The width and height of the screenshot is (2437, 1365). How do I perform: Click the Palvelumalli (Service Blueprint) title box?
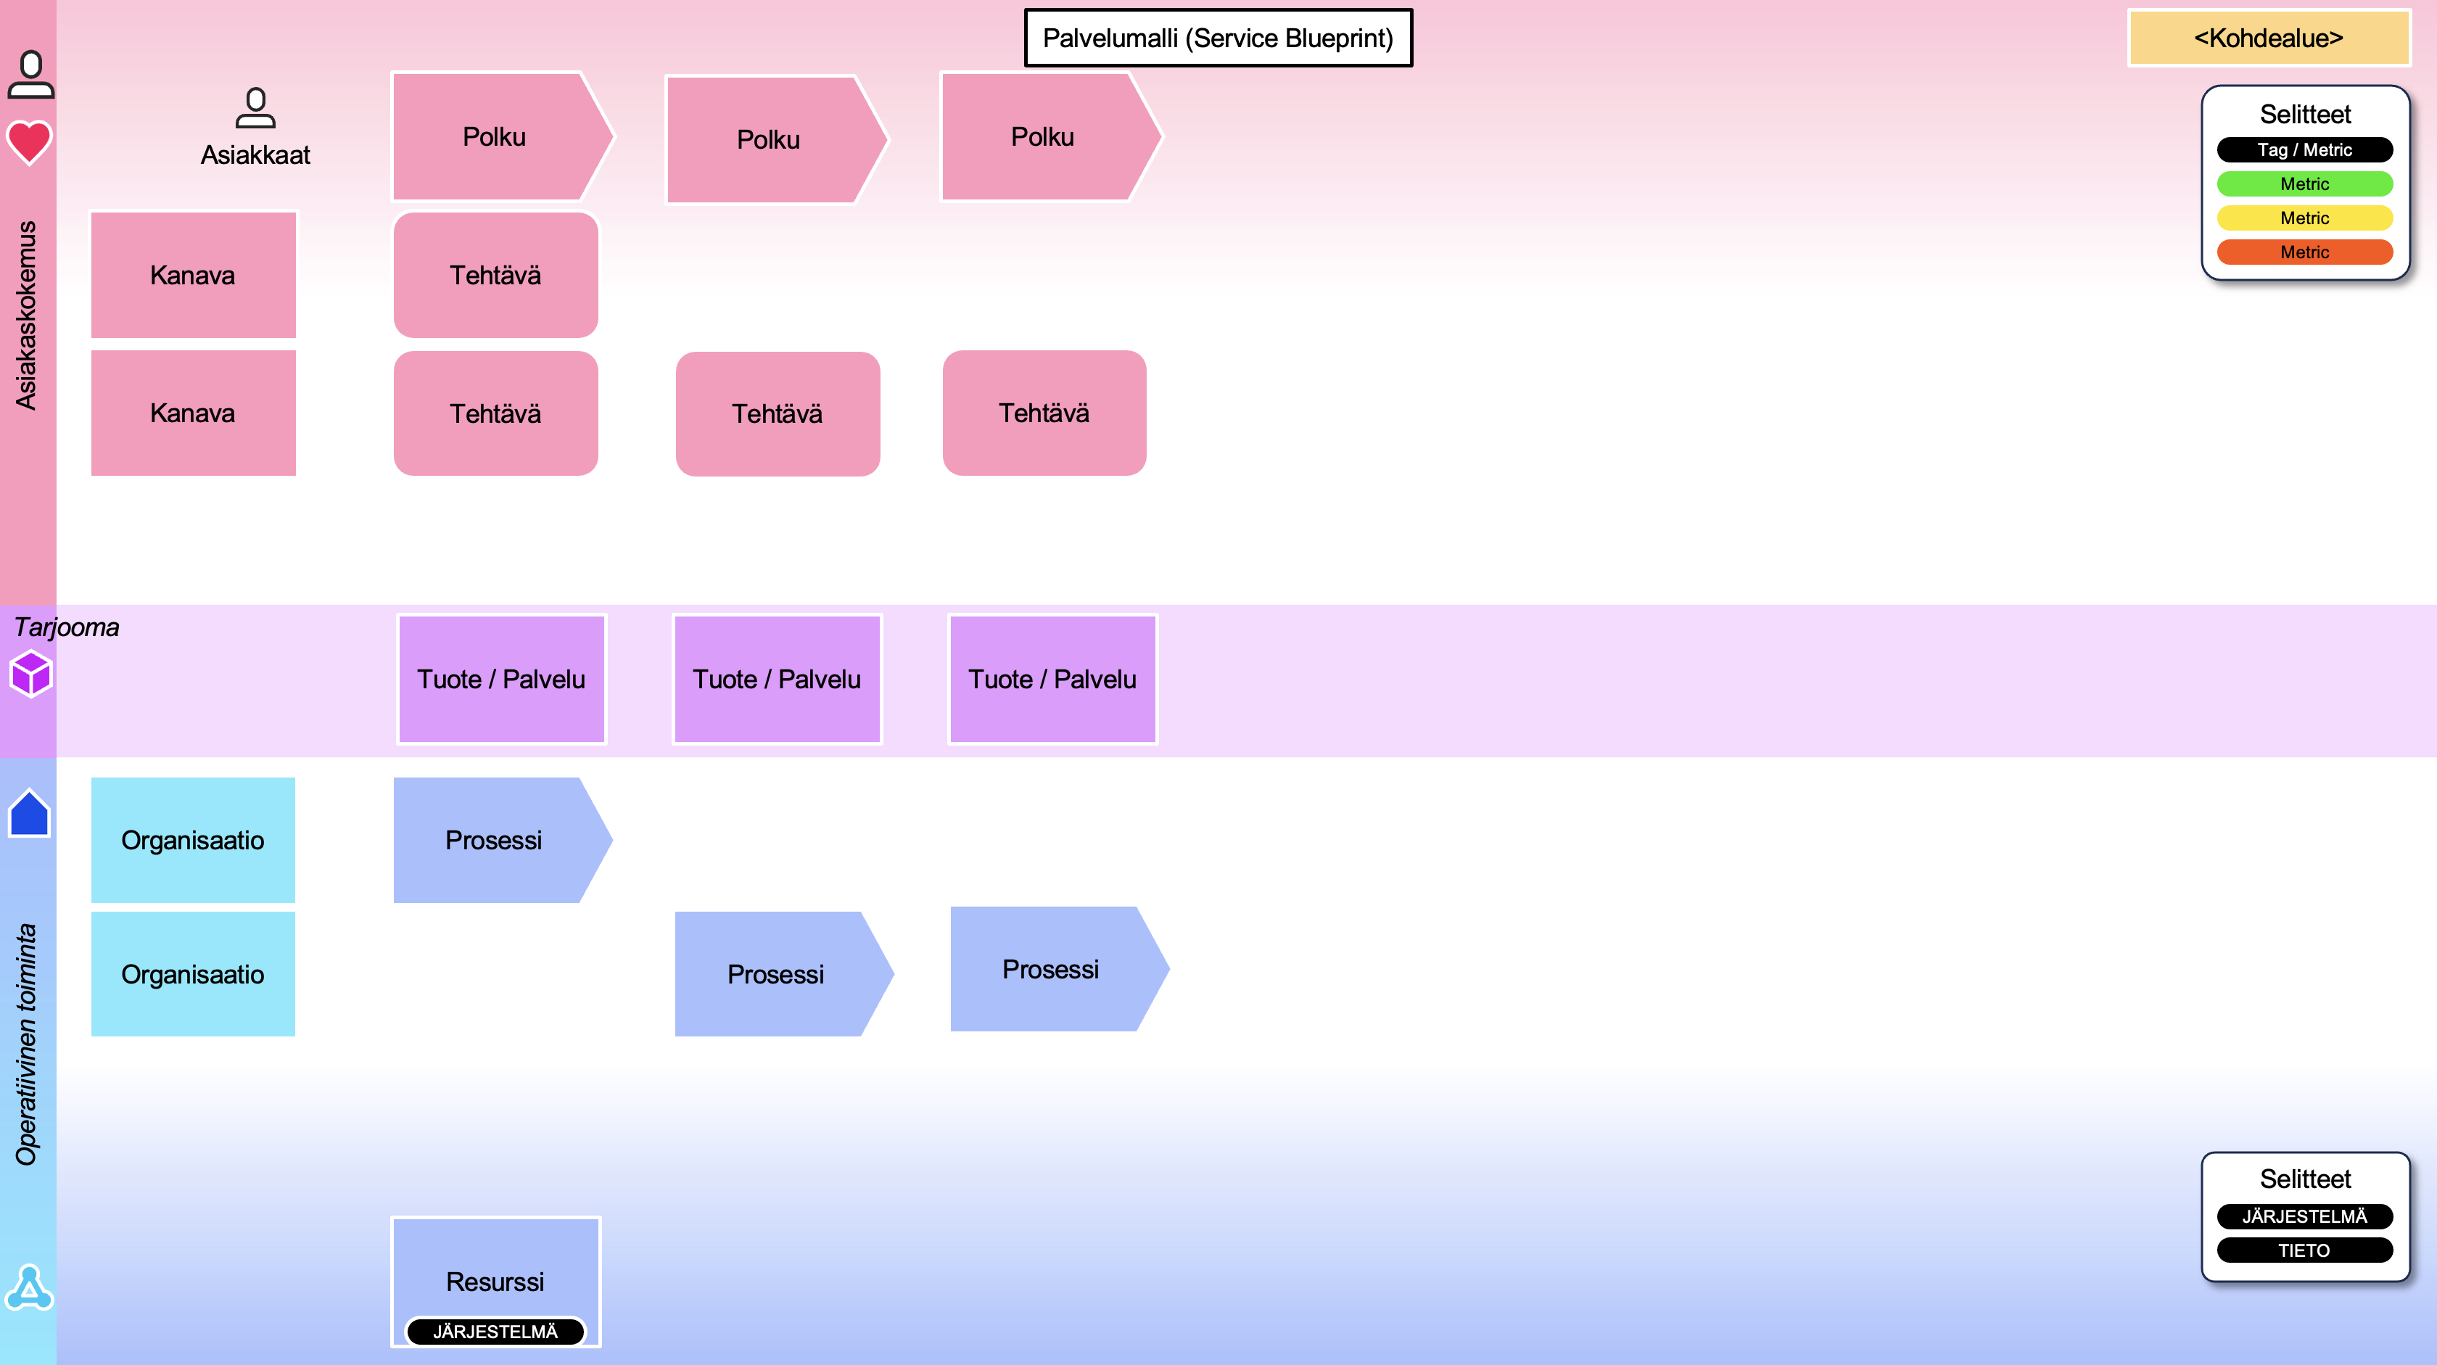tap(1218, 38)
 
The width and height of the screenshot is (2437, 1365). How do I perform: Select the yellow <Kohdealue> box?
tap(2268, 38)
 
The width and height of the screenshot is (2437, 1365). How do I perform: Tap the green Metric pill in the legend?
tap(2304, 183)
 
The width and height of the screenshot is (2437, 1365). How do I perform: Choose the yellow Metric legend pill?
tap(2304, 218)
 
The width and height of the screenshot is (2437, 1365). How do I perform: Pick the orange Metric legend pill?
tap(2304, 252)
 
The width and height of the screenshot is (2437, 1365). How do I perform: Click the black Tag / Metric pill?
tap(2304, 149)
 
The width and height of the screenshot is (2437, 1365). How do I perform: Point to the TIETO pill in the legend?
tap(2304, 1250)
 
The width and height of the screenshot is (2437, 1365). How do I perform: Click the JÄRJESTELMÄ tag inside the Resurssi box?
tap(495, 1331)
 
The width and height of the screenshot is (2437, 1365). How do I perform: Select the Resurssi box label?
tap(495, 1281)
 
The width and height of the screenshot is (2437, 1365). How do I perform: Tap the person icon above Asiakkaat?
tap(255, 108)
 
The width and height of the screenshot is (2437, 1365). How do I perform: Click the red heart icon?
tap(29, 142)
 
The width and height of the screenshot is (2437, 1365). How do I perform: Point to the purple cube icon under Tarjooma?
tap(30, 674)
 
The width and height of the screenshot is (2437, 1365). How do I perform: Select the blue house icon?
tap(29, 814)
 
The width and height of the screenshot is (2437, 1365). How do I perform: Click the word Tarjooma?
tap(66, 627)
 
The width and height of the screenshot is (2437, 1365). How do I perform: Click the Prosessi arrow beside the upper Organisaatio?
tap(495, 840)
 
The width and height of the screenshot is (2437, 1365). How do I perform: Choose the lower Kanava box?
tap(193, 413)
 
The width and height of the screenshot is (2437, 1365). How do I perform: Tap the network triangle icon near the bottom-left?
tap(29, 1287)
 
